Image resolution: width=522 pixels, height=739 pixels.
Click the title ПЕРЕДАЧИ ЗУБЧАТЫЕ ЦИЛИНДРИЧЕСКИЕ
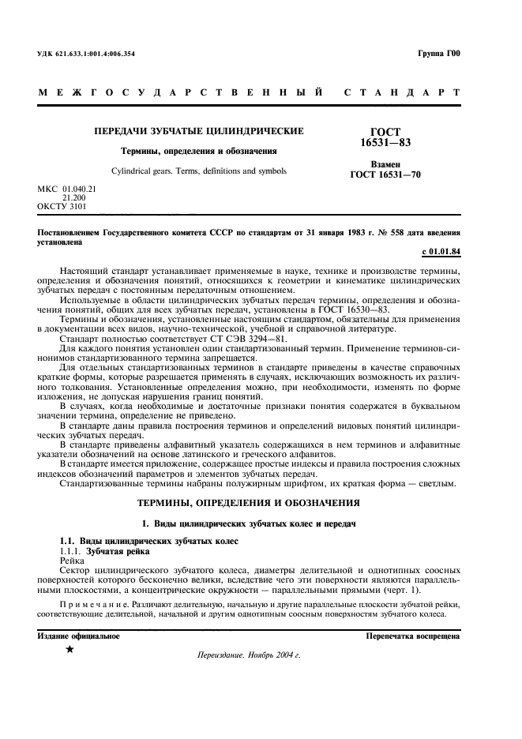[198, 131]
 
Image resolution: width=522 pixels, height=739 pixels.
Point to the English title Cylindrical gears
[198, 171]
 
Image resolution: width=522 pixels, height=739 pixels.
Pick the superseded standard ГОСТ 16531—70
[385, 175]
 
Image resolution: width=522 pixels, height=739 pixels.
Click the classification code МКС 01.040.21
[66, 190]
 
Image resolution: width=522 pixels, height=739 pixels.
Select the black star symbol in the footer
[69, 650]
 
